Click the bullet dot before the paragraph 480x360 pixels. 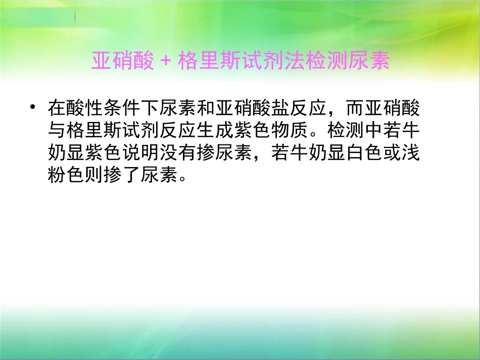click(33, 109)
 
